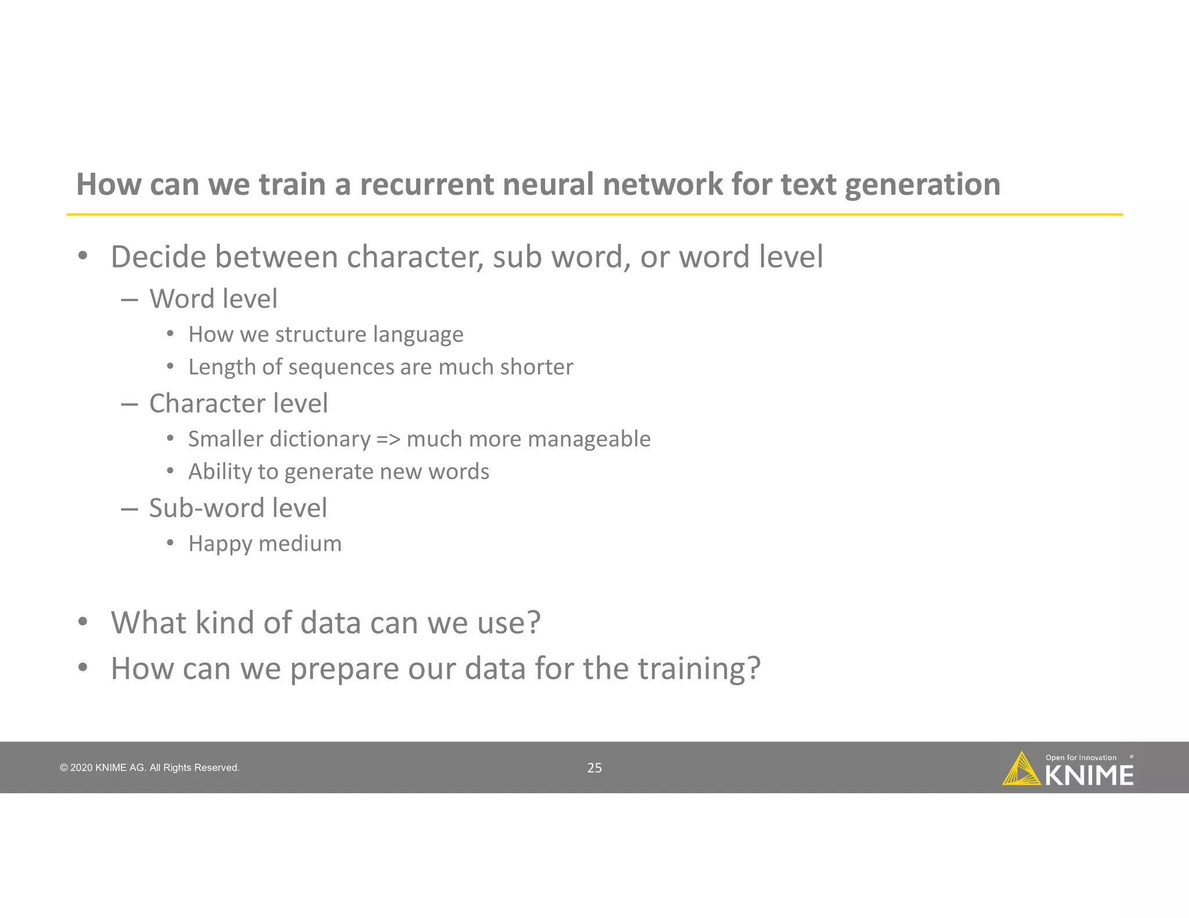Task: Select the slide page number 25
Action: (594, 768)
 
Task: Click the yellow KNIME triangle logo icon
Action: (1021, 769)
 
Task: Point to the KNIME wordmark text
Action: (1089, 776)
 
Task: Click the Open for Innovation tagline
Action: (1080, 757)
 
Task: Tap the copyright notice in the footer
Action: (150, 768)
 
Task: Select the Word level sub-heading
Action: (213, 299)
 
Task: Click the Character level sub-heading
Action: (238, 403)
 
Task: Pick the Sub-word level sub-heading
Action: (237, 508)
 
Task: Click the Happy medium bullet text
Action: (265, 544)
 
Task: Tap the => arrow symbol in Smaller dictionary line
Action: (388, 439)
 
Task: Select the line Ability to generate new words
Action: (338, 472)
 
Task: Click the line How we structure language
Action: (326, 335)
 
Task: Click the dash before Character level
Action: (129, 404)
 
